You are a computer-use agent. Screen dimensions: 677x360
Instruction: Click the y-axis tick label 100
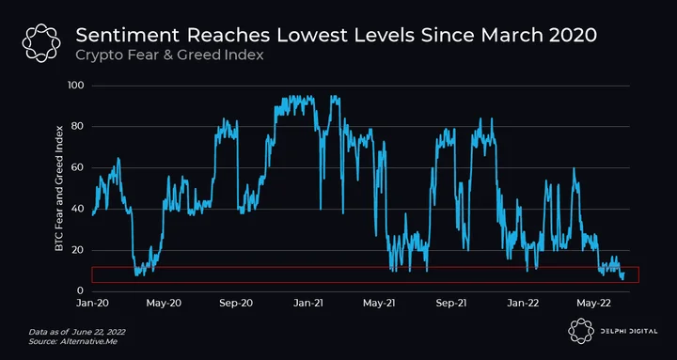tap(75, 86)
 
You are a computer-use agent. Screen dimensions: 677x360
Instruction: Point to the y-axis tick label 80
tap(77, 127)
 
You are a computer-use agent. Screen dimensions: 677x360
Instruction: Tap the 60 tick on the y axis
tap(77, 168)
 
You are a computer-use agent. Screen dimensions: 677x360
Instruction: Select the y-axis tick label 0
tap(80, 291)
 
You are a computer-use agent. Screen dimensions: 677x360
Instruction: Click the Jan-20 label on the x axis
tap(93, 303)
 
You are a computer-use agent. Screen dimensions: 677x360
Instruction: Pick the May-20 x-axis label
tap(164, 303)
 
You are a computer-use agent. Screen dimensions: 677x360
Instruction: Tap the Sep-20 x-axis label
tap(236, 303)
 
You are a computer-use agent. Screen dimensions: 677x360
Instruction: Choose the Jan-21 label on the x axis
tap(307, 303)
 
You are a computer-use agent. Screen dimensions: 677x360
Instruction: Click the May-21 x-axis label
tap(379, 303)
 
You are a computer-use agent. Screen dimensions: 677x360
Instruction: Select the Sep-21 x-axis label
tap(451, 303)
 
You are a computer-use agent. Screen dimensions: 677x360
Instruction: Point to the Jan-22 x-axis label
tap(523, 303)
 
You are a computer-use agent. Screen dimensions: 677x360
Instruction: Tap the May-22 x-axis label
tap(595, 303)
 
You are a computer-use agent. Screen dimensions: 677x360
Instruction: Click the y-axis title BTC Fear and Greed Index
tap(58, 188)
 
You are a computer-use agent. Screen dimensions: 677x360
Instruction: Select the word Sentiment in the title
tap(128, 36)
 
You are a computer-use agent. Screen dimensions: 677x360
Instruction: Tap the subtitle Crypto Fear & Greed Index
tap(169, 55)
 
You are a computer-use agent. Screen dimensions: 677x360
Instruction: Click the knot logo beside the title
tap(41, 42)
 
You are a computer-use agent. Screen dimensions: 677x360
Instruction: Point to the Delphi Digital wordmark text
tap(628, 332)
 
